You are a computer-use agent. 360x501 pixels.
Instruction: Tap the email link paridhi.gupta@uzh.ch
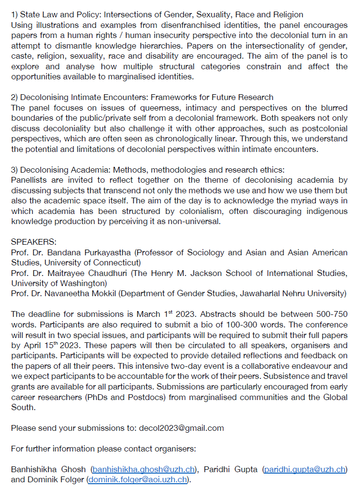coord(305,469)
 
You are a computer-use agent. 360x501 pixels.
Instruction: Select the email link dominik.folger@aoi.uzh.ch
coord(138,479)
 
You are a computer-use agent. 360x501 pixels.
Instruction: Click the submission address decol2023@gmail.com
coord(181,427)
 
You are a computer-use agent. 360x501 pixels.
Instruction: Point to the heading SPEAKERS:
coord(30,242)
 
